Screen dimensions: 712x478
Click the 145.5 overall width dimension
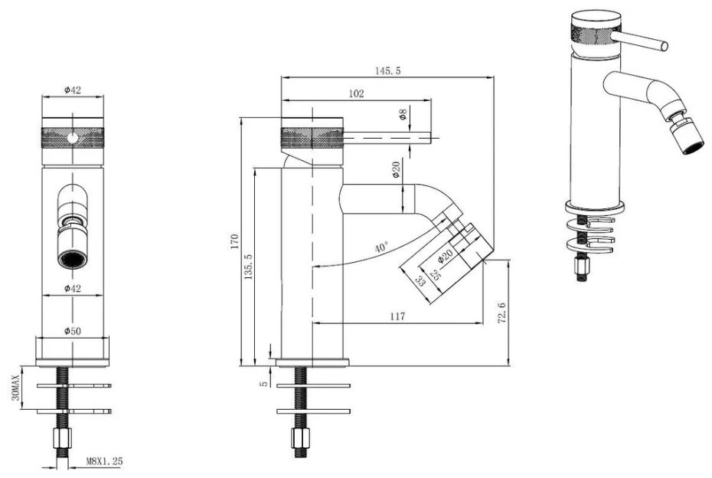pyautogui.click(x=388, y=71)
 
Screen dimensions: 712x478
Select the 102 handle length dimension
pyautogui.click(x=357, y=93)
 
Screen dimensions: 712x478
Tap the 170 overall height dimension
pyautogui.click(x=235, y=241)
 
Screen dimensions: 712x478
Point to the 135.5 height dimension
pyautogui.click(x=249, y=267)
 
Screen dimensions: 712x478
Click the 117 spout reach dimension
pyautogui.click(x=397, y=316)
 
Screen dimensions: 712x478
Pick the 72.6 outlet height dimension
pyautogui.click(x=501, y=312)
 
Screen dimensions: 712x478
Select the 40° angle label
pyautogui.click(x=381, y=247)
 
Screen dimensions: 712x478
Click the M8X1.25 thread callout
pyautogui.click(x=104, y=461)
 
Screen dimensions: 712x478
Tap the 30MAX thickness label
pyautogui.click(x=15, y=388)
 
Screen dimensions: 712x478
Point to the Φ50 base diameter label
pyautogui.click(x=73, y=331)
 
